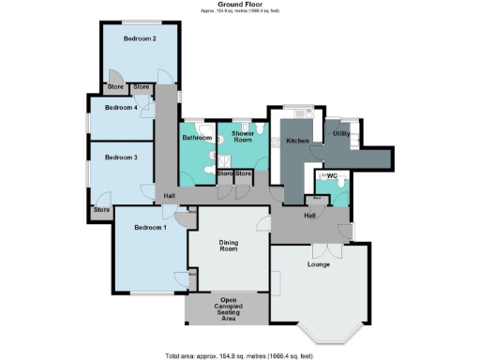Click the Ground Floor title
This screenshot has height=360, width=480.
(239, 5)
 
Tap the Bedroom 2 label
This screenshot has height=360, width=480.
(139, 38)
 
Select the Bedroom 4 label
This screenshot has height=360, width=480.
(121, 108)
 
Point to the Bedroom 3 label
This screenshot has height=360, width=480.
(121, 157)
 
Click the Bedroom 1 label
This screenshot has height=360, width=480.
(150, 228)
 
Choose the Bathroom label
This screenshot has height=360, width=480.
(197, 138)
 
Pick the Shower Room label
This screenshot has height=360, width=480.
(242, 138)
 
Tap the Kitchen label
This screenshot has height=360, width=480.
(297, 141)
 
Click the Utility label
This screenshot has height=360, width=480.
(341, 134)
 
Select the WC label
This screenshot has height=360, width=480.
(332, 176)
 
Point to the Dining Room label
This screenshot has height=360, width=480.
(228, 247)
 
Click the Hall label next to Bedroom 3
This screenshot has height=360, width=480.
(170, 195)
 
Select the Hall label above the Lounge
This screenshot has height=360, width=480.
(309, 216)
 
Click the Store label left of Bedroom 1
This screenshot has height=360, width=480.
(101, 210)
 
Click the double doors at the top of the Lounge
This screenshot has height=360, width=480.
(321, 250)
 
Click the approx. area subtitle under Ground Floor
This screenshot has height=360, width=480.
(239, 12)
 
